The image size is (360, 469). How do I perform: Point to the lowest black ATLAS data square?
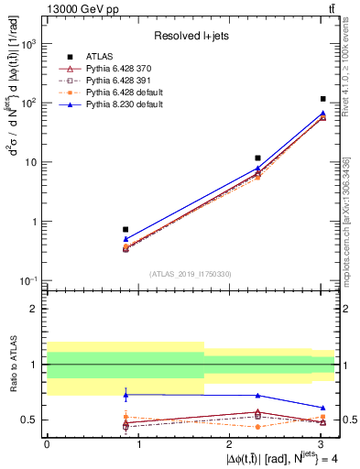click(125, 229)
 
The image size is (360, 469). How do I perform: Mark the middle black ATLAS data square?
click(258, 158)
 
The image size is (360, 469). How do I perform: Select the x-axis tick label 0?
click(47, 444)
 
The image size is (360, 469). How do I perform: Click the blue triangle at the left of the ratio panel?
click(125, 395)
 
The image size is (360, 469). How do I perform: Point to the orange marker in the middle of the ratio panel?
click(258, 427)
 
